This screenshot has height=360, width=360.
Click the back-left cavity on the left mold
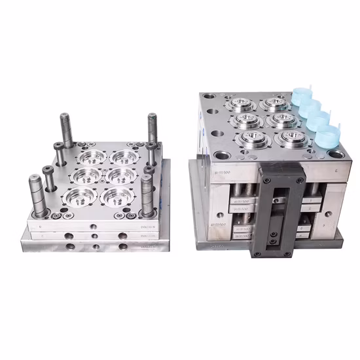(90, 156)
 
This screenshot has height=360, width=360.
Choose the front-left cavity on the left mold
(82, 196)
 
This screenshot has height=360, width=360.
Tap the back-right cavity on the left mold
(124, 157)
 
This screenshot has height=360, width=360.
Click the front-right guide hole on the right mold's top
(335, 154)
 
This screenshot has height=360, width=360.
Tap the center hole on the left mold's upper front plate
(94, 222)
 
